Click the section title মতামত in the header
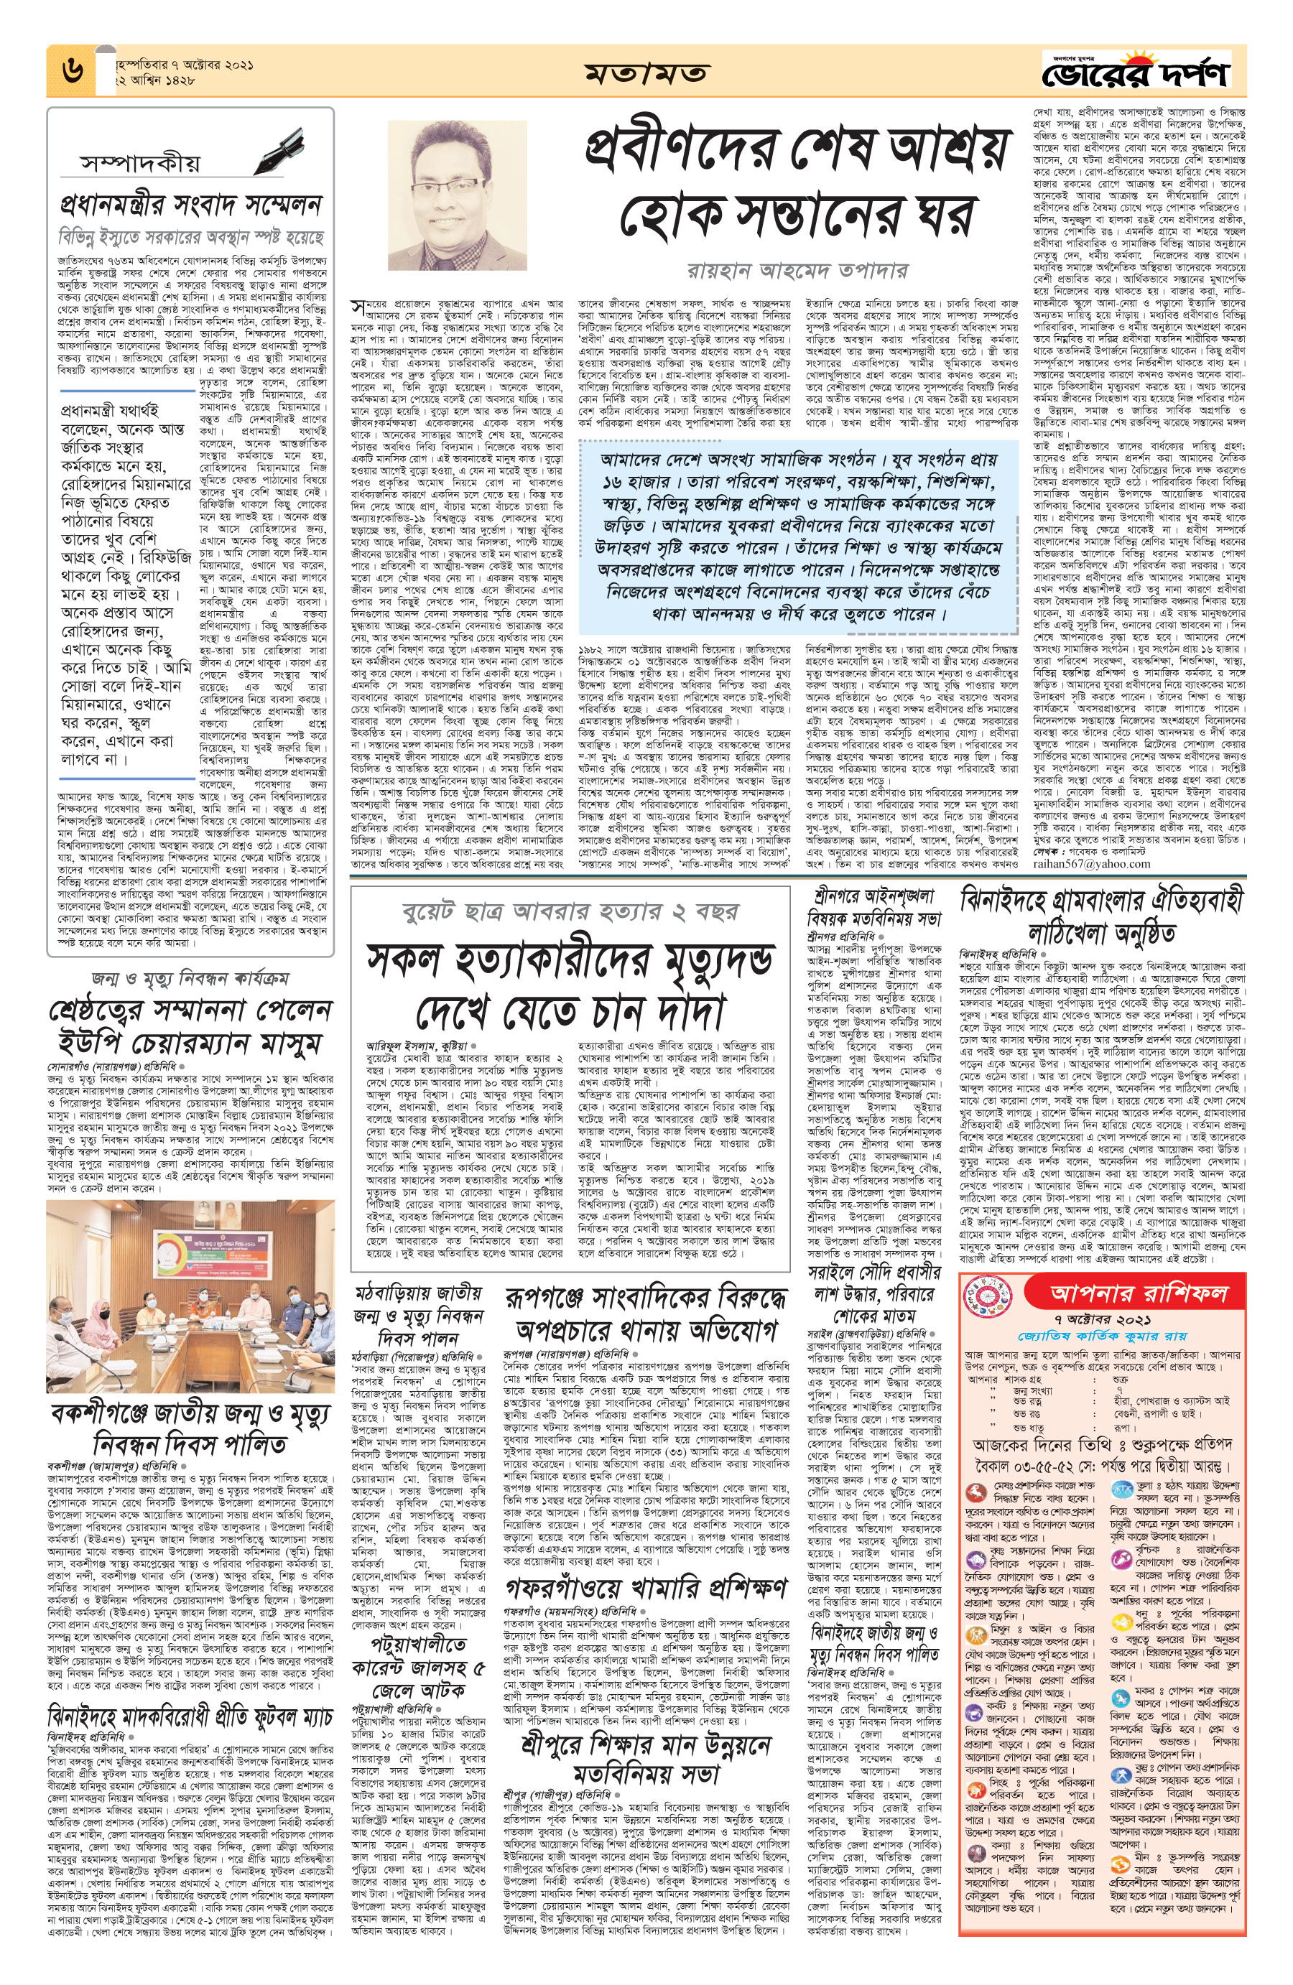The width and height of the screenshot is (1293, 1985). [x=646, y=73]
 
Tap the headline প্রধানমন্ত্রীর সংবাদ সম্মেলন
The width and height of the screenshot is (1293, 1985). [x=191, y=205]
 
